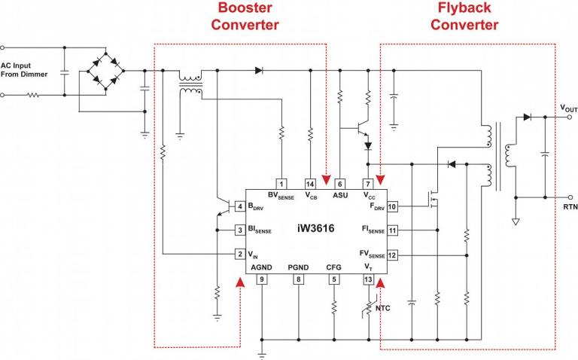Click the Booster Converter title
[245, 17]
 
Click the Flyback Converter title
[464, 17]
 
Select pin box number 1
[281, 184]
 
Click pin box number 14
[310, 184]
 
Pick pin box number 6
[340, 184]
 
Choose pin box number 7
[368, 184]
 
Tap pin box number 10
[392, 206]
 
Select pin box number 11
[392, 230]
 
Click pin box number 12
[392, 255]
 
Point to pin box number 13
[368, 279]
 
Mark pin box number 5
[333, 279]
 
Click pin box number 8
[299, 279]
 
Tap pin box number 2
[239, 254]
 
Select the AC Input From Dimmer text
[23, 69]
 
